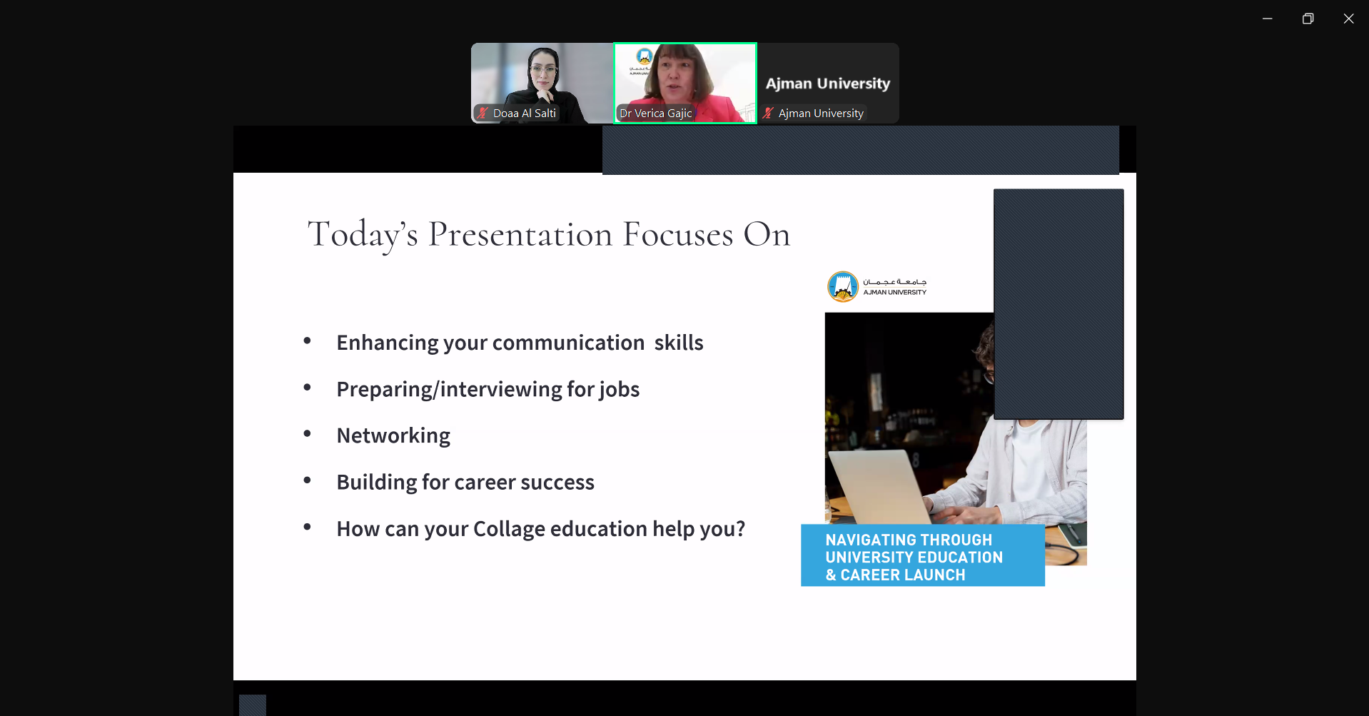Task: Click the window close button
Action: pyautogui.click(x=1348, y=19)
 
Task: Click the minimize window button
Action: pyautogui.click(x=1267, y=19)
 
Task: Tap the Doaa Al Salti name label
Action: pyautogui.click(x=524, y=113)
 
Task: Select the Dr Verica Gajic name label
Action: pyautogui.click(x=655, y=113)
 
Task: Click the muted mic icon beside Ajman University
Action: pyautogui.click(x=768, y=113)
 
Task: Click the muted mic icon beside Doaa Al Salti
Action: pyautogui.click(x=483, y=113)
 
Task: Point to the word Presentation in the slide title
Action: pyautogui.click(x=520, y=234)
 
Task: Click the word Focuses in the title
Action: pyautogui.click(x=678, y=234)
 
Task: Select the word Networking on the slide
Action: pyautogui.click(x=393, y=435)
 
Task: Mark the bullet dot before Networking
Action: pyautogui.click(x=308, y=433)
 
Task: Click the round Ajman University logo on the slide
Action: pyautogui.click(x=843, y=287)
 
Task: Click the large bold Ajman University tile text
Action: pyautogui.click(x=828, y=84)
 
